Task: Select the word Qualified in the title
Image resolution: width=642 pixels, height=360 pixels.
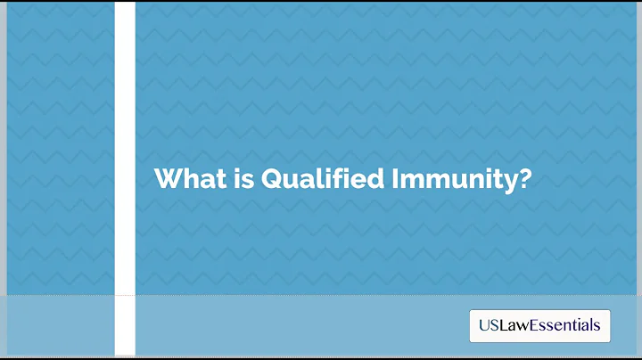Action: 322,178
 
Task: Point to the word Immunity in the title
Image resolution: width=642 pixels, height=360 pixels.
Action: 453,178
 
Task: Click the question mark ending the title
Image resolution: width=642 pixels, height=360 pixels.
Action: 525,177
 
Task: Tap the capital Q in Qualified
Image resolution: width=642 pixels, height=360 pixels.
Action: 271,178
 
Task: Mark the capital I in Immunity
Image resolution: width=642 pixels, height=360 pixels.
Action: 394,177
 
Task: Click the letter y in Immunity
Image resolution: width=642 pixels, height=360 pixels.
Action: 509,181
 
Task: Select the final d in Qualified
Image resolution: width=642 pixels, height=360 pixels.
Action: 374,177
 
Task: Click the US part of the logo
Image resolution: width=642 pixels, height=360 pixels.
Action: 487,326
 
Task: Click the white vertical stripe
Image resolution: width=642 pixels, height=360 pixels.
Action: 125,178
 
